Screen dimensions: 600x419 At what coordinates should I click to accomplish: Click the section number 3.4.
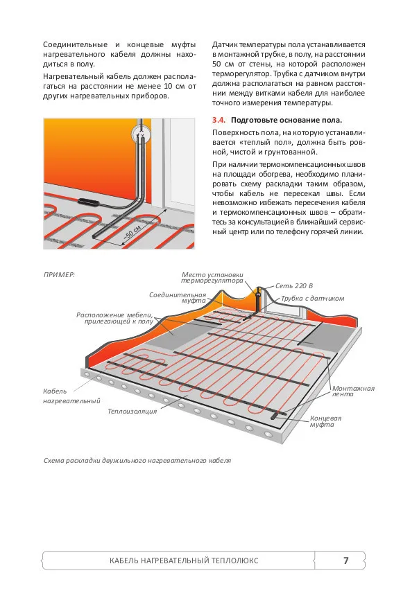click(x=219, y=120)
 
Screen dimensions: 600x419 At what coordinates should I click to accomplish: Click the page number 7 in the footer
click(x=345, y=561)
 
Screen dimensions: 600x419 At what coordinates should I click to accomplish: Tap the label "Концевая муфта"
click(x=325, y=421)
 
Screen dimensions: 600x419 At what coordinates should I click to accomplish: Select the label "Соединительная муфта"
click(x=169, y=298)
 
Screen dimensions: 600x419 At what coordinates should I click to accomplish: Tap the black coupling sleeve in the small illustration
click(x=92, y=202)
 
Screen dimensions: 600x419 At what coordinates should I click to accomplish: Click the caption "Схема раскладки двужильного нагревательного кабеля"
click(x=137, y=460)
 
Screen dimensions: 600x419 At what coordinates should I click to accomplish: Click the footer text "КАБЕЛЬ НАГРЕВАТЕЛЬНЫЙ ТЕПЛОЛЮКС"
click(x=184, y=561)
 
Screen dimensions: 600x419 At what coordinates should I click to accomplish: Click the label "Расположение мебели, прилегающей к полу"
click(x=115, y=318)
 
